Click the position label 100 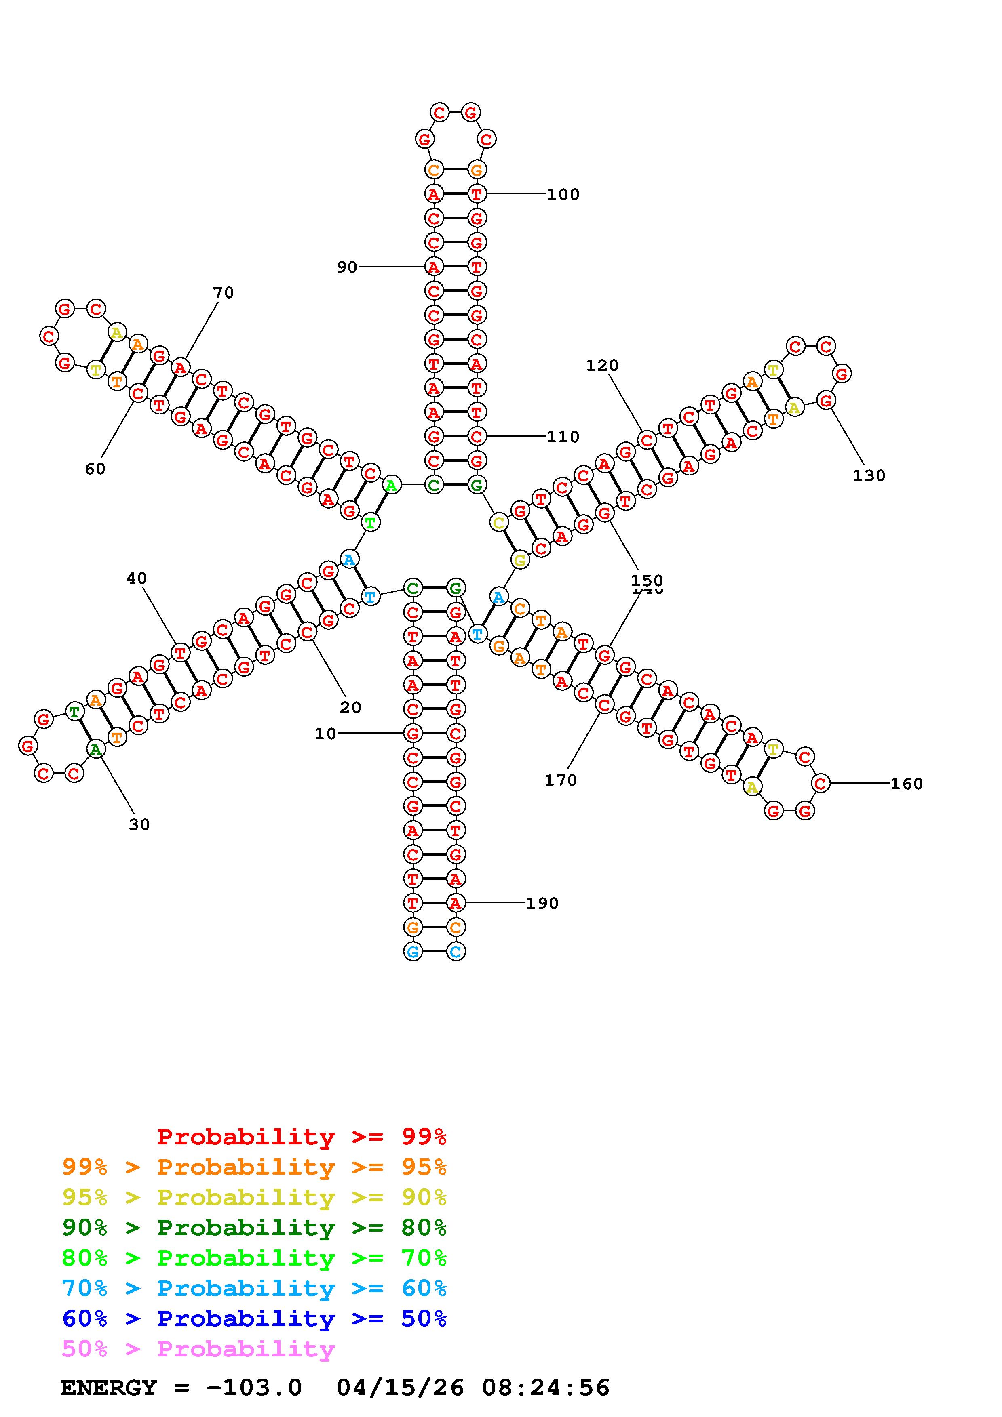coord(563,194)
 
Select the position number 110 coord(563,437)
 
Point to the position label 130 coord(869,475)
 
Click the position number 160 coord(906,784)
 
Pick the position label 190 coord(542,904)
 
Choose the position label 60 coord(95,469)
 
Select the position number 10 coord(325,734)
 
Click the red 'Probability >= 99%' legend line coord(302,1136)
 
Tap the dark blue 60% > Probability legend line coord(254,1318)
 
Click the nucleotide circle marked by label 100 coord(477,194)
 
